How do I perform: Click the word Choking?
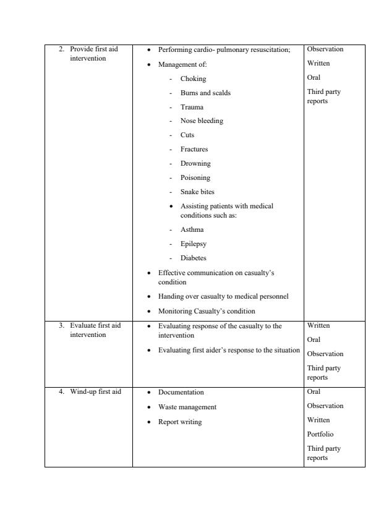(x=193, y=79)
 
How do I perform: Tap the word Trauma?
(x=192, y=107)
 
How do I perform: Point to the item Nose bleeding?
(x=202, y=121)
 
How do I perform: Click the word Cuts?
(x=187, y=135)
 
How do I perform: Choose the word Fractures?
(x=194, y=149)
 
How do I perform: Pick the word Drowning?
(x=195, y=163)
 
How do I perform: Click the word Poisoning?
(x=195, y=177)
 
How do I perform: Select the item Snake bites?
(x=198, y=192)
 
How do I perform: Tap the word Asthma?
(x=192, y=229)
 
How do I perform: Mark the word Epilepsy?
(x=193, y=244)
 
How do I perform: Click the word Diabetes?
(x=194, y=258)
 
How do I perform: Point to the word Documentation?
(x=181, y=392)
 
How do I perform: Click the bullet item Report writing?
(x=180, y=422)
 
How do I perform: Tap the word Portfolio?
(x=320, y=434)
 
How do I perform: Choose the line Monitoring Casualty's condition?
(x=207, y=311)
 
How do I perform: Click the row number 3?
(x=61, y=325)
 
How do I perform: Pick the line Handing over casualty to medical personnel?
(x=223, y=296)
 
